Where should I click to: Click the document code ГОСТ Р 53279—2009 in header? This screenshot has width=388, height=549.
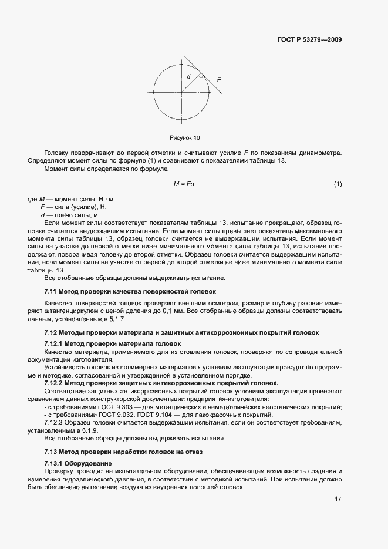click(x=310, y=40)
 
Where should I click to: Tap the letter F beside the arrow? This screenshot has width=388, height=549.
click(x=218, y=79)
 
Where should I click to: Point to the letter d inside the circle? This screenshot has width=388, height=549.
click(x=188, y=76)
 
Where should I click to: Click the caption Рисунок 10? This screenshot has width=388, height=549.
click(x=184, y=138)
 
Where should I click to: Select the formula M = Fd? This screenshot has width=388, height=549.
click(x=184, y=184)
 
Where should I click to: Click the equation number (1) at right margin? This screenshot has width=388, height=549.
click(x=338, y=184)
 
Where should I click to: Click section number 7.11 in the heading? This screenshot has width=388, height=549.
click(x=52, y=291)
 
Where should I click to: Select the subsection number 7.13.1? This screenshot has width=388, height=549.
click(x=55, y=463)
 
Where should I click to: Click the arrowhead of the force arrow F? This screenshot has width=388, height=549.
click(x=221, y=92)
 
